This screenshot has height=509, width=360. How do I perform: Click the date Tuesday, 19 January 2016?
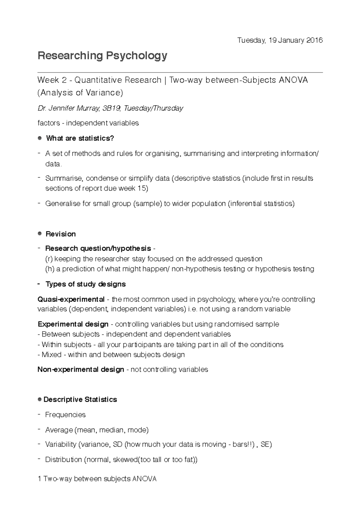(x=280, y=40)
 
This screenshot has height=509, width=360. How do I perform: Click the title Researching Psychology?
(x=102, y=56)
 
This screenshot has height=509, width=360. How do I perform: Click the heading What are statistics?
(x=80, y=138)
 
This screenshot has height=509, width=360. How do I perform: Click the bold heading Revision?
(x=61, y=234)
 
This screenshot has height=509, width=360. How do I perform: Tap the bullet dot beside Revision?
(x=40, y=234)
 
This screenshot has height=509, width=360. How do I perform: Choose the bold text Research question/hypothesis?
(x=98, y=249)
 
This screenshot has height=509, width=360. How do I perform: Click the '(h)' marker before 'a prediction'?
(x=49, y=269)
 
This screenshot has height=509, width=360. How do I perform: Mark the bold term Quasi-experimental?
(x=71, y=299)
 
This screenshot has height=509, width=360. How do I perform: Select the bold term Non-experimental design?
(x=81, y=370)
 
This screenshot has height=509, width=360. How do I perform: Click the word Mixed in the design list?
(x=52, y=355)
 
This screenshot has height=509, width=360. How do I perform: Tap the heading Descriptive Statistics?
(x=80, y=400)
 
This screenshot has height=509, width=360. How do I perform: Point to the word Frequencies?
(x=65, y=415)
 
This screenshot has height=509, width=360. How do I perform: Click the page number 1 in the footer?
(x=40, y=479)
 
